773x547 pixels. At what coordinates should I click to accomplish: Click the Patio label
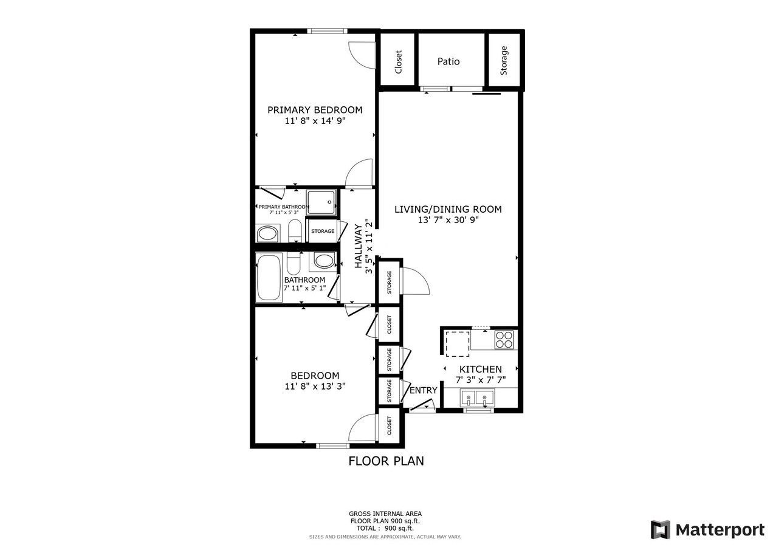tap(448, 61)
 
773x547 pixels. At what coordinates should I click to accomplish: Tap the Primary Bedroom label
tap(315, 110)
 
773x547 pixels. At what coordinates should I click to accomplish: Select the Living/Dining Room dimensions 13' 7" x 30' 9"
tap(448, 220)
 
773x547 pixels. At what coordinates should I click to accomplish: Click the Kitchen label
tap(480, 370)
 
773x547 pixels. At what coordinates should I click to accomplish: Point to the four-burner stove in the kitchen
tap(504, 340)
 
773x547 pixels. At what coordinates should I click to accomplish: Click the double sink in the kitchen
tap(477, 397)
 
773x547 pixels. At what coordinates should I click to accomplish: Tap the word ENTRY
tap(423, 390)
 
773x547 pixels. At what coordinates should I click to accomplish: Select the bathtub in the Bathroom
tap(269, 278)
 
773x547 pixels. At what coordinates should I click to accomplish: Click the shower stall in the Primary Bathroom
tap(321, 202)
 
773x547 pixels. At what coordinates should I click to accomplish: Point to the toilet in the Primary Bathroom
tap(295, 230)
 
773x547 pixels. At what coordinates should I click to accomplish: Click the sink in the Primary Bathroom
tap(267, 233)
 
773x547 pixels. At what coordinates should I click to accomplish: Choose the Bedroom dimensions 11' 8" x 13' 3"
tap(315, 386)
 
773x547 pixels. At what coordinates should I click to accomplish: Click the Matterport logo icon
tap(661, 529)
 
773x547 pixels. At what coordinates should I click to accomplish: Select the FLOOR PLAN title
tap(386, 461)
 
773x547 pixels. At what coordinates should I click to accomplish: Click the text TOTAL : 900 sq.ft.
tap(385, 528)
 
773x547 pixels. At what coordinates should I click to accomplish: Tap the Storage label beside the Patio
tap(504, 60)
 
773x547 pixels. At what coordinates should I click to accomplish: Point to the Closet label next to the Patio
tap(398, 62)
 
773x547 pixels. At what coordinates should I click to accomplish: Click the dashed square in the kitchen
tap(457, 343)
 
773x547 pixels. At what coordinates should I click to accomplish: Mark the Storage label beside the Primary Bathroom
tap(323, 231)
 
